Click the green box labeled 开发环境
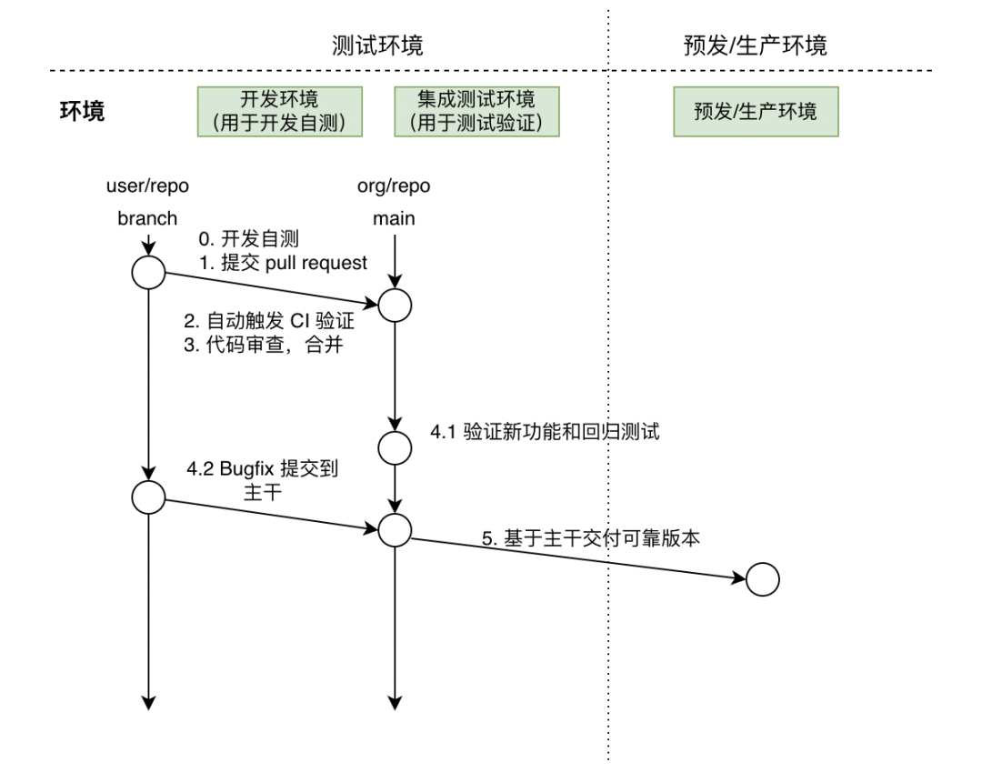point(280,111)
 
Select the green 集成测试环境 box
point(476,111)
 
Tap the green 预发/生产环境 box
point(756,111)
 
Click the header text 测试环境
point(378,45)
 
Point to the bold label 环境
point(82,111)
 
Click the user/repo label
point(147,186)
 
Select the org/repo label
point(394,186)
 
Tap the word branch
point(147,218)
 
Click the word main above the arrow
point(394,218)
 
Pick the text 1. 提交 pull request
point(284,263)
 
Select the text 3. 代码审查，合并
point(263,346)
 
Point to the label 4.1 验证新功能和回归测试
point(545,431)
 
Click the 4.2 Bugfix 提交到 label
point(263,469)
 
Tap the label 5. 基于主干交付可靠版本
point(591,537)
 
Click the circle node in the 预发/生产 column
point(763,578)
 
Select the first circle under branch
point(148,272)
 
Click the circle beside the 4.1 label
point(395,447)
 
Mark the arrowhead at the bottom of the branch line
point(148,701)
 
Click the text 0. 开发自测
point(250,239)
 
